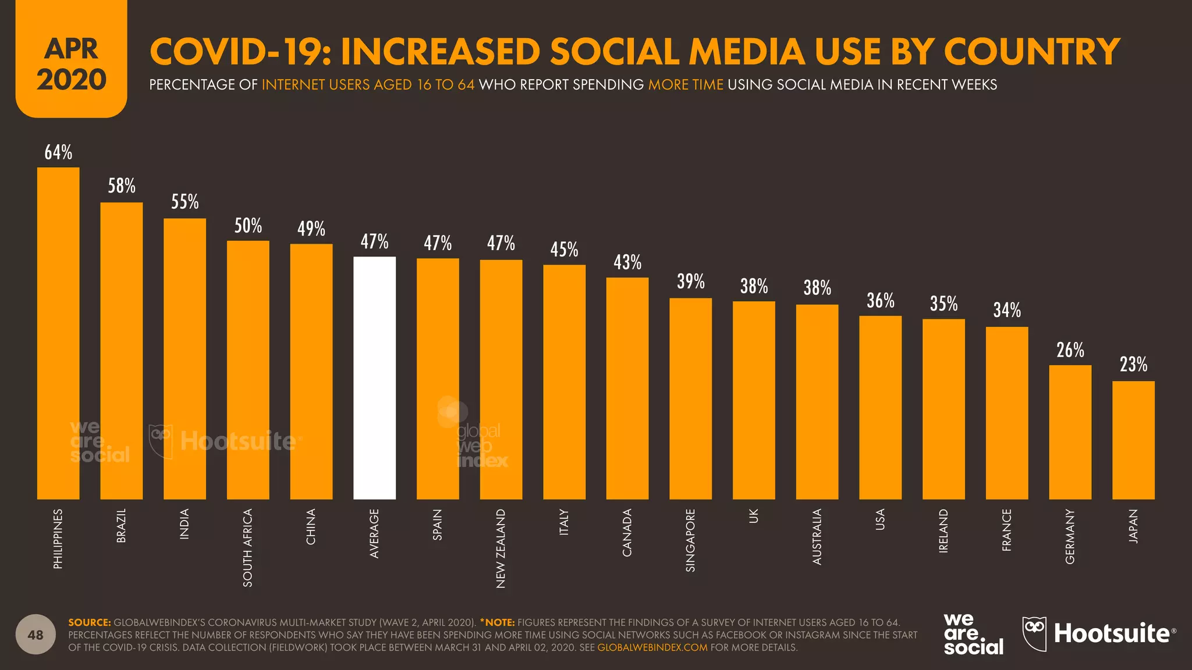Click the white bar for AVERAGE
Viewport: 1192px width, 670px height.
coord(374,378)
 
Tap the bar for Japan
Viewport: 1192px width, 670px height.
coord(1133,440)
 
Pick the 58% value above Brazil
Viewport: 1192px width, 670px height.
coord(122,186)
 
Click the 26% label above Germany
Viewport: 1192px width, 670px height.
coord(1070,350)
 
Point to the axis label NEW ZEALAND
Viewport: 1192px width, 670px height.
coord(501,548)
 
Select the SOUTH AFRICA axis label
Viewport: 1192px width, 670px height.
coord(248,547)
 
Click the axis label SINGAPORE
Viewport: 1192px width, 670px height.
coord(690,540)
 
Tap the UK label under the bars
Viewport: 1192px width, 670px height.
coord(754,516)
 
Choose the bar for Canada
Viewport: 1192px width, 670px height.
coord(627,389)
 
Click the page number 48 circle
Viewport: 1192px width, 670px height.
coord(36,635)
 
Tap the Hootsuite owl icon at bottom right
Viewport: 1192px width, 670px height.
coord(1034,633)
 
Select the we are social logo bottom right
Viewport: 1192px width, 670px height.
coord(973,634)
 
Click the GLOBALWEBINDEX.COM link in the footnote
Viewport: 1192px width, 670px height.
coord(652,647)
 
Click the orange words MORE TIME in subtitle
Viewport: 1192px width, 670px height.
coord(686,85)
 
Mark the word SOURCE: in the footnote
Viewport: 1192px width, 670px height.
coord(89,622)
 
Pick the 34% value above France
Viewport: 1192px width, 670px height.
coord(1007,310)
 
